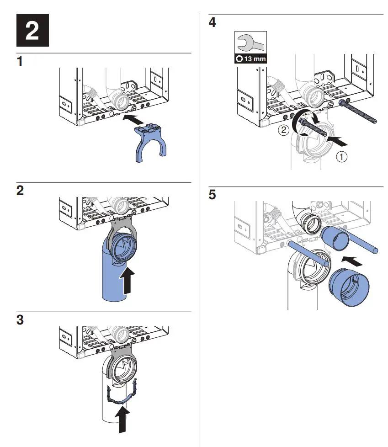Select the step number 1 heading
click(20, 62)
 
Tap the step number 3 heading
click(20, 320)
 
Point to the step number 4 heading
click(213, 22)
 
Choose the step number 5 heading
click(213, 195)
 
